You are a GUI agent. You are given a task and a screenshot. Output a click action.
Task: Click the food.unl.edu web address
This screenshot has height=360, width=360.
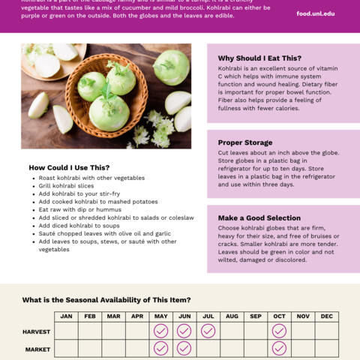pyautogui.click(x=316, y=13)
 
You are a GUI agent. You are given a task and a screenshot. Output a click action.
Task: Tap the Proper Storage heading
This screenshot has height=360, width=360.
pyautogui.click(x=245, y=142)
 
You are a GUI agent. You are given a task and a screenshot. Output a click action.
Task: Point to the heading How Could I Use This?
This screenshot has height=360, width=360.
pyautogui.click(x=69, y=167)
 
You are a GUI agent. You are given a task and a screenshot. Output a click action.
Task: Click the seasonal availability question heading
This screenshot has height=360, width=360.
pyautogui.click(x=106, y=300)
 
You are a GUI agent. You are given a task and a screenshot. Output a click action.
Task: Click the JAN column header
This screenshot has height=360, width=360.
pyautogui.click(x=66, y=316)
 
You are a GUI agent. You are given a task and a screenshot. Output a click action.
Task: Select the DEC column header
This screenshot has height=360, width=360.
pyautogui.click(x=327, y=316)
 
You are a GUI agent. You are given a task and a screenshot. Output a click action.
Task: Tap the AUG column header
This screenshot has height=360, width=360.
pyautogui.click(x=232, y=316)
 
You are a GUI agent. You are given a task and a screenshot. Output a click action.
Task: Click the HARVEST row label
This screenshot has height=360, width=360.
pyautogui.click(x=37, y=331)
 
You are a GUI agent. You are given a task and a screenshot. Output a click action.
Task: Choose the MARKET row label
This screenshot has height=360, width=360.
pyautogui.click(x=37, y=349)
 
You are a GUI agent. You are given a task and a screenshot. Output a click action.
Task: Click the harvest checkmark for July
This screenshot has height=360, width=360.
pyautogui.click(x=208, y=331)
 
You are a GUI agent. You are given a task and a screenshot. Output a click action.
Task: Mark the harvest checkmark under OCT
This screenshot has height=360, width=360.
pyautogui.click(x=279, y=331)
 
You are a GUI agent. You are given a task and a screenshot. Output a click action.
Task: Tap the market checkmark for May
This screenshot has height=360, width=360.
pyautogui.click(x=160, y=348)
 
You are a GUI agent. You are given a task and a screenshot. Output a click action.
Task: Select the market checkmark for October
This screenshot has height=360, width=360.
pyautogui.click(x=279, y=348)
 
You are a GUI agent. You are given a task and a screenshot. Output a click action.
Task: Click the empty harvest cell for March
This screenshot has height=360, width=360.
pyautogui.click(x=113, y=331)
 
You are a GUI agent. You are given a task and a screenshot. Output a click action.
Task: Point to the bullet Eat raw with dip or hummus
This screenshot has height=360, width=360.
pyautogui.click(x=80, y=210)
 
